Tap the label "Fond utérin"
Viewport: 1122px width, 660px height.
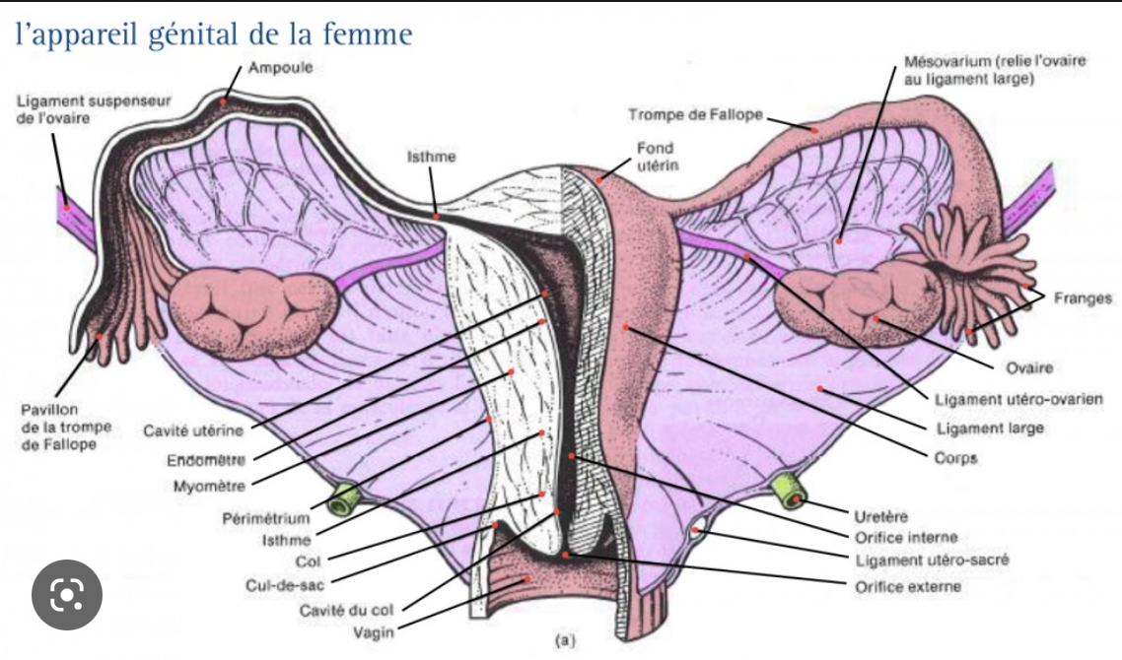coord(655,157)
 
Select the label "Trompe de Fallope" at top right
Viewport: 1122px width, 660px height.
coord(695,115)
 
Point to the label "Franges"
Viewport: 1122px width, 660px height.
coord(1082,298)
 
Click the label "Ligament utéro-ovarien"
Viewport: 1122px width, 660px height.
coord(1017,399)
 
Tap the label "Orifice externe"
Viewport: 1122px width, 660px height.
coord(907,586)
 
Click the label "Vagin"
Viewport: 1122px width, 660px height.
coord(374,631)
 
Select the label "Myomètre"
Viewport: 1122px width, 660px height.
coord(208,486)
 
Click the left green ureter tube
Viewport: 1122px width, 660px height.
coord(342,499)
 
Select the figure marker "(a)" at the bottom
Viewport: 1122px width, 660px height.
coord(564,640)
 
